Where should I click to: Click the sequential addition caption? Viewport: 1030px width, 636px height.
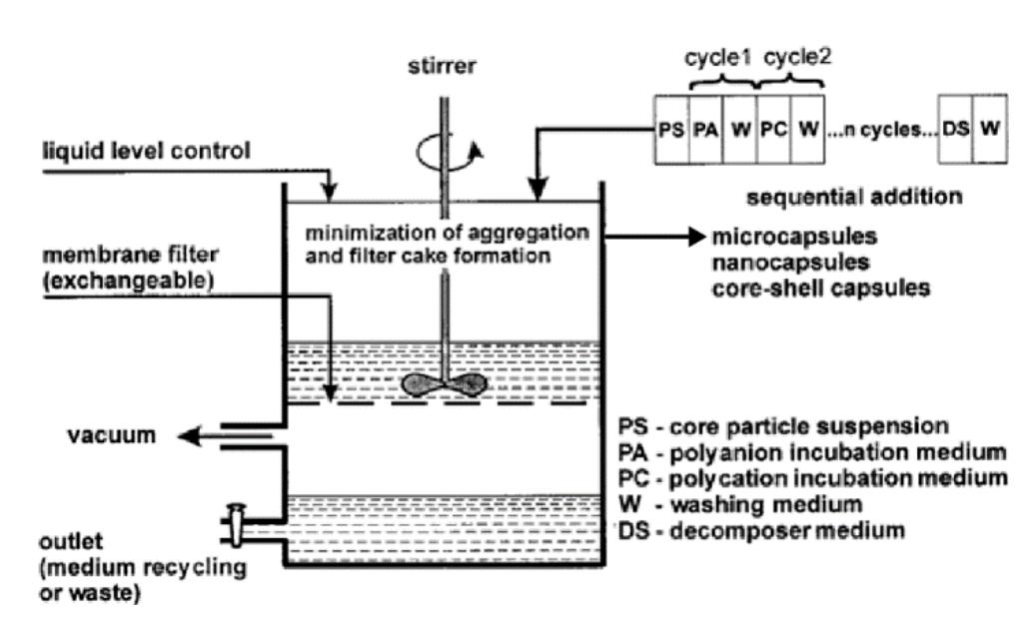[854, 196]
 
